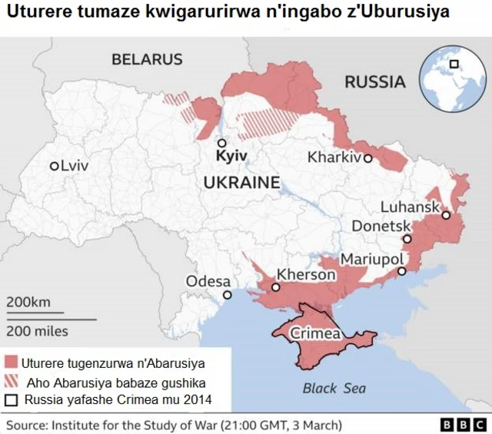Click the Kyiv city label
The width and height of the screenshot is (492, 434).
(232, 156)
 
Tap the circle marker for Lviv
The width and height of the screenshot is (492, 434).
(54, 166)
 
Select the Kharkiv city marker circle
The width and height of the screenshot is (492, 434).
(368, 158)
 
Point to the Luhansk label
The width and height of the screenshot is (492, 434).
(410, 207)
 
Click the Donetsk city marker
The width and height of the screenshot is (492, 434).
(407, 239)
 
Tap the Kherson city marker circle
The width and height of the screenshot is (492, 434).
(275, 287)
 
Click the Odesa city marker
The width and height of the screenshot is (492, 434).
(226, 295)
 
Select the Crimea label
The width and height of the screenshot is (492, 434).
(315, 333)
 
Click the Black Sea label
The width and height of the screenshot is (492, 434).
(334, 388)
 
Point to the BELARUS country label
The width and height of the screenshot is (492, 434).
(147, 59)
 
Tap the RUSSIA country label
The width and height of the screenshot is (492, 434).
(374, 82)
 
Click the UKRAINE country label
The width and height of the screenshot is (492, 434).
(241, 182)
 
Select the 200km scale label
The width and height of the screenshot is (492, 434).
(28, 302)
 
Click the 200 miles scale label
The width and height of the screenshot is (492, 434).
(37, 331)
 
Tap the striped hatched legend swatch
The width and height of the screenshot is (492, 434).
(11, 381)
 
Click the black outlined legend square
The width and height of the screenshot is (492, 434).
(11, 400)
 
